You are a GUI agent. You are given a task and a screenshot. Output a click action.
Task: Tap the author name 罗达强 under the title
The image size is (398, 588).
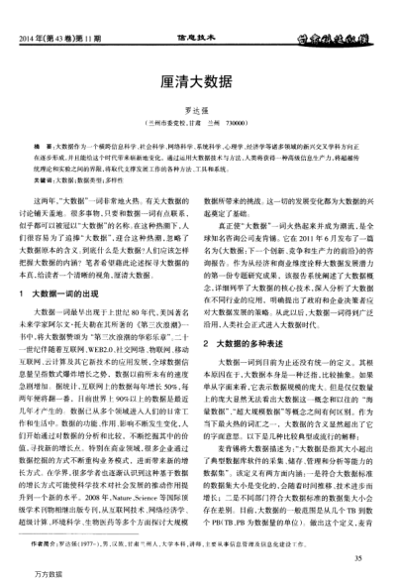click(199, 112)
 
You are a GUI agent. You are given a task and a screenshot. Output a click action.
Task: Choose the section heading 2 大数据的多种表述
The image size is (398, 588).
click(252, 314)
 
